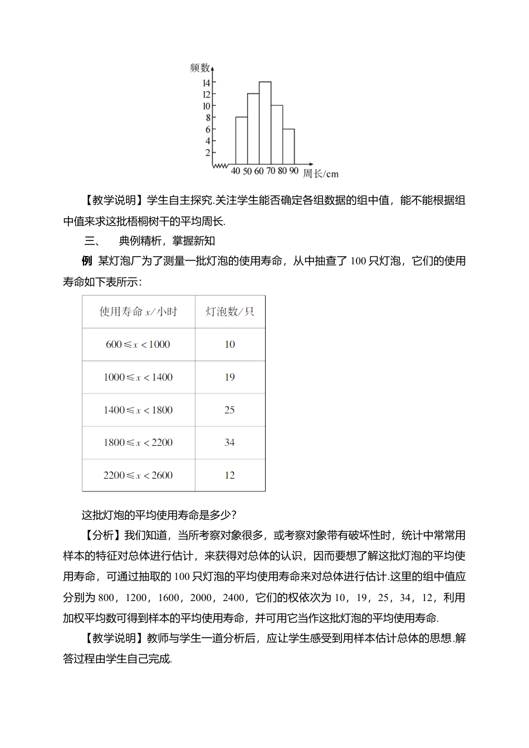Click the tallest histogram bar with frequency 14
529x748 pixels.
[x=265, y=124]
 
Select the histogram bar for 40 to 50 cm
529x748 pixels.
[x=242, y=141]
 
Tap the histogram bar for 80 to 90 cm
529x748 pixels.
[x=288, y=147]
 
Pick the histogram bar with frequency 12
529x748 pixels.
[x=253, y=129]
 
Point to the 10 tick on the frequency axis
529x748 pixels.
[x=207, y=106]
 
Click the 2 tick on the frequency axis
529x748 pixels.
[x=208, y=152]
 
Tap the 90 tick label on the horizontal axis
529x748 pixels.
[x=294, y=171]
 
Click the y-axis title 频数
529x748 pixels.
[x=199, y=68]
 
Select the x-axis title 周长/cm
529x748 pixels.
[x=321, y=174]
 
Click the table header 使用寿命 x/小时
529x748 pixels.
[x=138, y=312]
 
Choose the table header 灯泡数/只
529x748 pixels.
[x=230, y=312]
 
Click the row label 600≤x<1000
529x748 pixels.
[x=138, y=345]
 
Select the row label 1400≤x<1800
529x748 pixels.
[x=138, y=410]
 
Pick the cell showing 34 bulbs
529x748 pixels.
[x=229, y=442]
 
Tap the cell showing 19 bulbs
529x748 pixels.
[x=229, y=377]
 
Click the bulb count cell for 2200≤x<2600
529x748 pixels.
[x=229, y=475]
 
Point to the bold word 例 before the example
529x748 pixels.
[x=86, y=261]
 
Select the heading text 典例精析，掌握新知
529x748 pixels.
[x=167, y=241]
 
